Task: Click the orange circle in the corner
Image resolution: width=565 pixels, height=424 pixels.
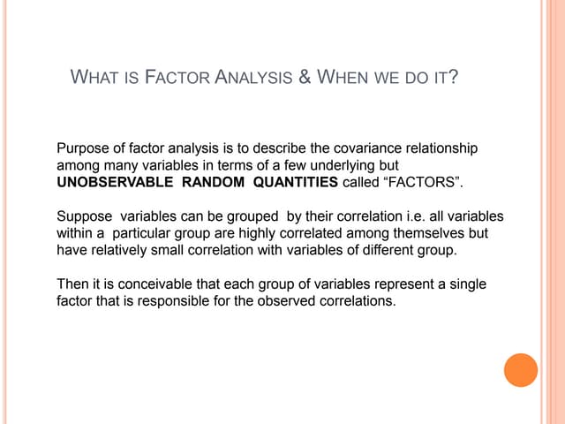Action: (x=521, y=369)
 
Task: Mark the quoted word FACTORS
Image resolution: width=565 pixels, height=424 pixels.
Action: (x=420, y=182)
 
